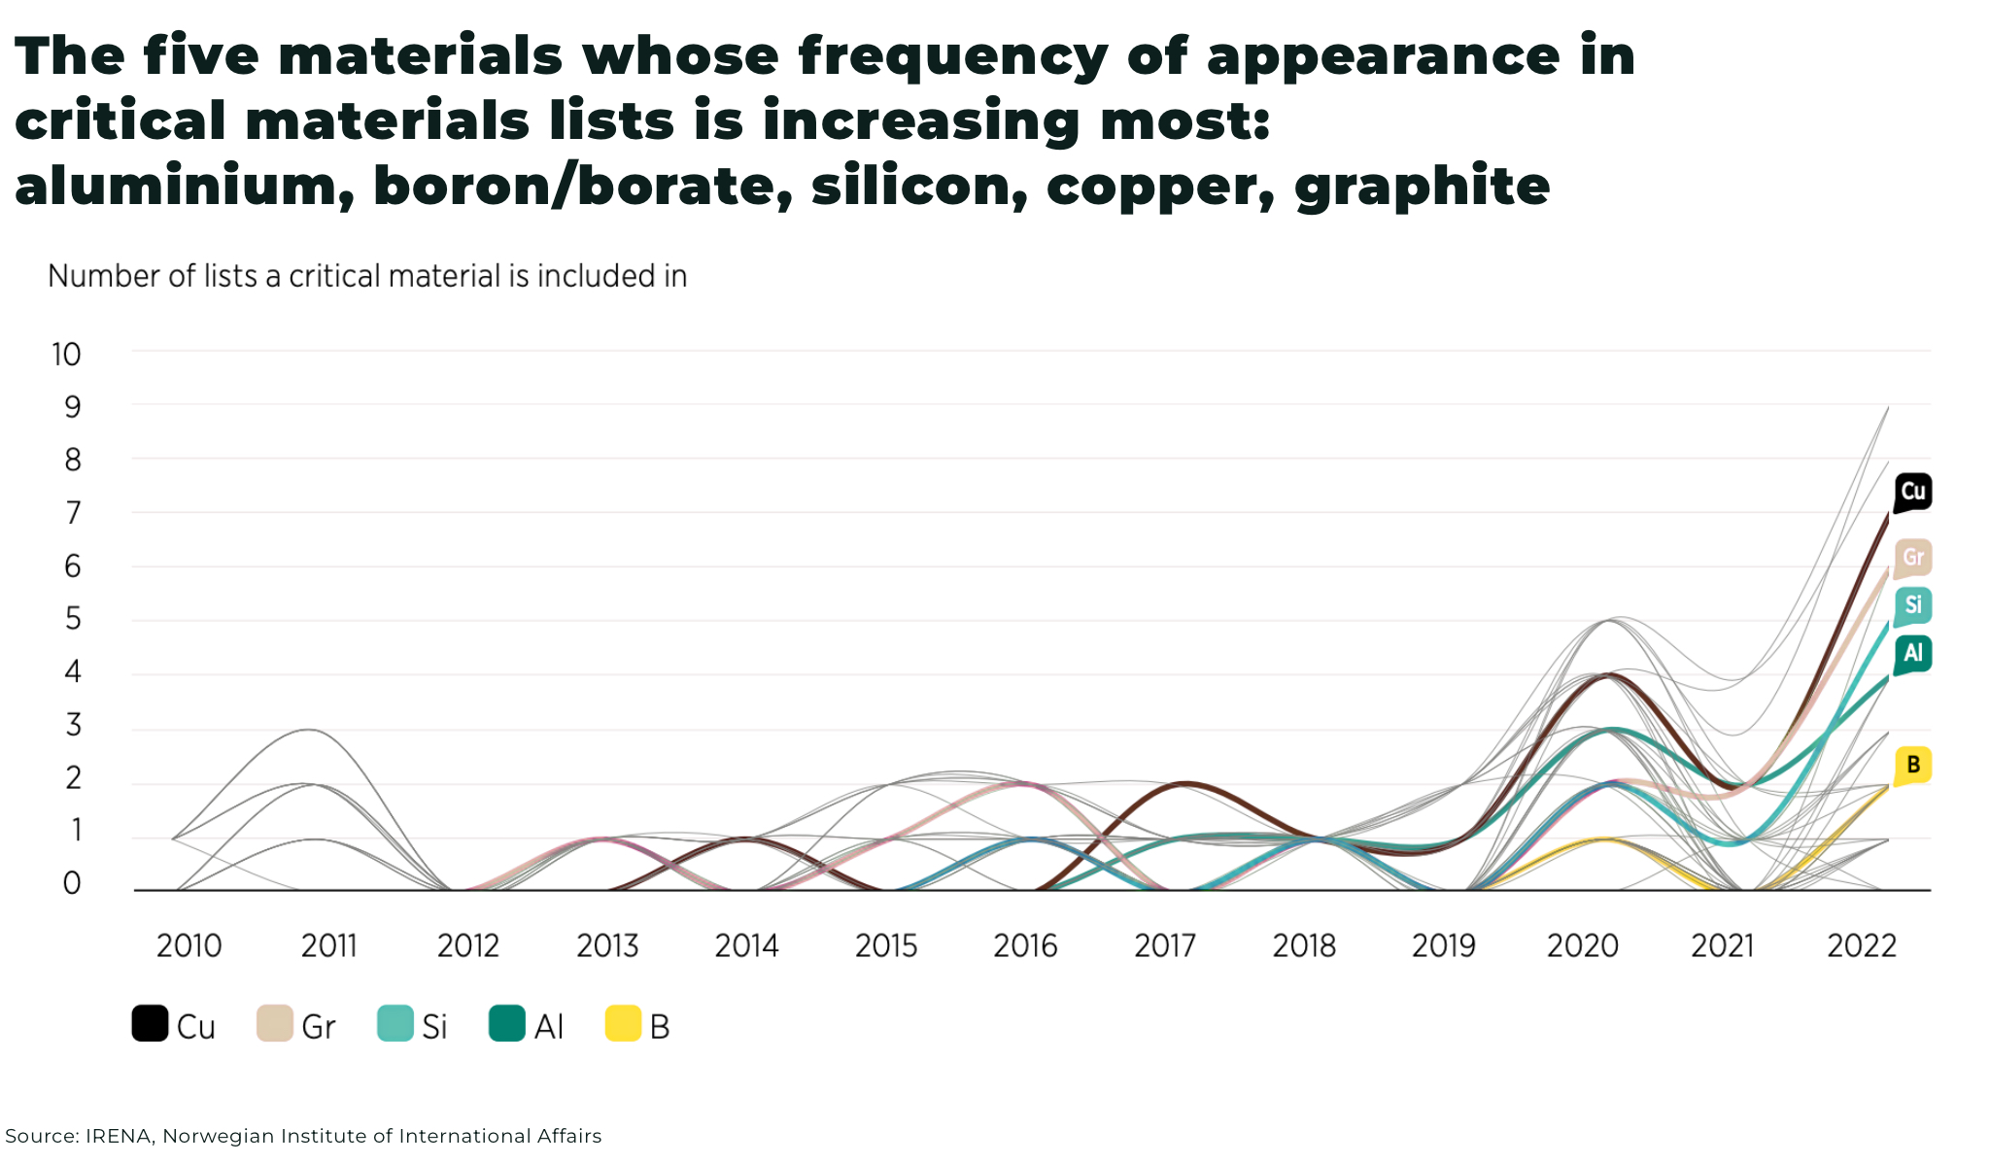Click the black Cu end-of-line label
pyautogui.click(x=1912, y=492)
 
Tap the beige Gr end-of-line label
pyautogui.click(x=1912, y=558)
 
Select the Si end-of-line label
pyautogui.click(x=1912, y=605)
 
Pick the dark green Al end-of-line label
pyautogui.click(x=1912, y=653)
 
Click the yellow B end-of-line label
pyautogui.click(x=1912, y=765)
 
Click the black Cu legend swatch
pyautogui.click(x=150, y=1024)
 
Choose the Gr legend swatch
pyautogui.click(x=274, y=1024)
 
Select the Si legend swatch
pyautogui.click(x=395, y=1024)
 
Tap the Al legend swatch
pyautogui.click(x=506, y=1024)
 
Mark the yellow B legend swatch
pyautogui.click(x=623, y=1024)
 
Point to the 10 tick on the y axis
pyautogui.click(x=66, y=355)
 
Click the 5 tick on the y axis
pyautogui.click(x=73, y=619)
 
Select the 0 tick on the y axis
pyautogui.click(x=73, y=883)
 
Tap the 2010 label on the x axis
pyautogui.click(x=189, y=945)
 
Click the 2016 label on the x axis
pyautogui.click(x=1025, y=945)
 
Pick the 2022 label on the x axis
pyautogui.click(x=1862, y=945)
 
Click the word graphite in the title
pyautogui.click(x=1422, y=186)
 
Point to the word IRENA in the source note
pyautogui.click(x=120, y=1136)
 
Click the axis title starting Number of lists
pyautogui.click(x=367, y=277)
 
